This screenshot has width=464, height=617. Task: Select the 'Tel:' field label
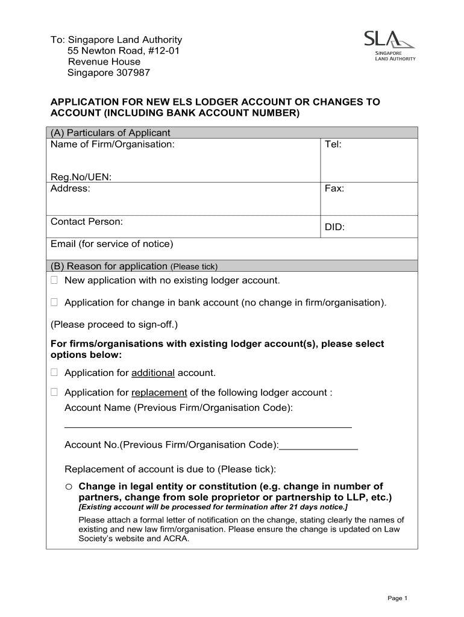(x=333, y=145)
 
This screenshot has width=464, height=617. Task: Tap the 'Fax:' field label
(x=334, y=189)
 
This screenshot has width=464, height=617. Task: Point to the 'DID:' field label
(x=334, y=228)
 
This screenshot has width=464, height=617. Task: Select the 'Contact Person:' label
(x=87, y=222)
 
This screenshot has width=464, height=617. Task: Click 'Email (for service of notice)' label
(x=111, y=244)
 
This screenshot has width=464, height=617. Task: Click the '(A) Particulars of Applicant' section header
(x=110, y=133)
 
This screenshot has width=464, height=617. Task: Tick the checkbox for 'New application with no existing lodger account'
(x=54, y=280)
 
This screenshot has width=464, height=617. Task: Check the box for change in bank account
(x=54, y=302)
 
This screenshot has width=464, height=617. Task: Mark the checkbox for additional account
(x=54, y=373)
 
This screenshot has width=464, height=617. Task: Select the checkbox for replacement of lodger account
(x=54, y=392)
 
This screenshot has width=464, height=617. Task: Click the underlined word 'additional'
(x=153, y=373)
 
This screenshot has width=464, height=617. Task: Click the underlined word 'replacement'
(x=159, y=393)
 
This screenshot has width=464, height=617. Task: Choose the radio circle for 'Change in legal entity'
(x=69, y=486)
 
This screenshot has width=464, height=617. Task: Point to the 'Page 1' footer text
(x=398, y=598)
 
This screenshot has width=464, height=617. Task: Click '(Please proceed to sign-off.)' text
(x=114, y=325)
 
